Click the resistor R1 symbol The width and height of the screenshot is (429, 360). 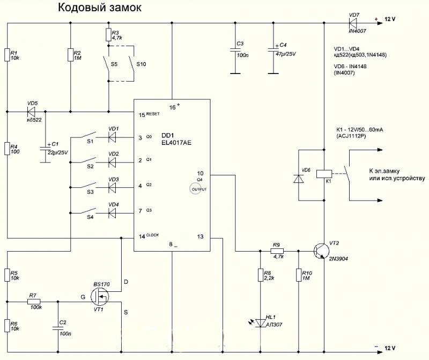[8, 55]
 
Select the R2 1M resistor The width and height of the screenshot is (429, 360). [71, 55]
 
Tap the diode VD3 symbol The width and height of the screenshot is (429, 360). [113, 188]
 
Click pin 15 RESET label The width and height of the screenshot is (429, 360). [148, 114]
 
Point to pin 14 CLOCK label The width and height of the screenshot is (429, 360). [149, 236]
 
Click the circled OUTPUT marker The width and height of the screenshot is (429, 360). [197, 189]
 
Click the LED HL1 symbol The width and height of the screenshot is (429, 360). [261, 322]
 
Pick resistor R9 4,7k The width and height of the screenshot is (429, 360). [277, 251]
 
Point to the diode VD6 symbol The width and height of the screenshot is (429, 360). [298, 179]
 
